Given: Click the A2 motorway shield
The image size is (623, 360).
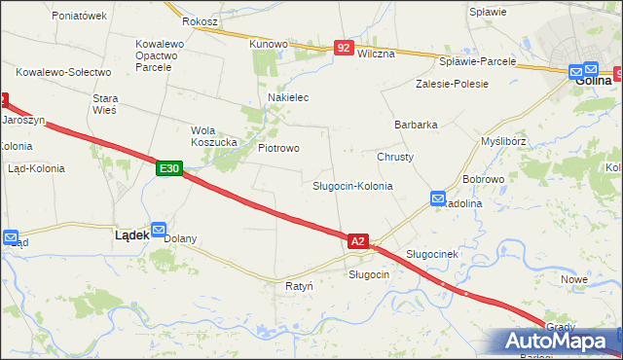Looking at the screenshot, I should tap(358, 240).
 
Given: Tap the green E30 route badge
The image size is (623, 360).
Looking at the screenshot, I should tap(168, 168).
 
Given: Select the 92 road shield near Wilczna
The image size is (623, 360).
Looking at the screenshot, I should tap(343, 47).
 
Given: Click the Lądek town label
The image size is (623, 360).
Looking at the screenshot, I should tap(131, 234).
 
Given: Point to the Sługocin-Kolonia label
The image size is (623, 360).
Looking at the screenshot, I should tap(352, 185).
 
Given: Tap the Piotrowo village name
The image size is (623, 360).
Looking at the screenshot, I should tap(278, 148).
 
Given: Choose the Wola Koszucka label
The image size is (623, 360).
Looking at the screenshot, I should tap(214, 136).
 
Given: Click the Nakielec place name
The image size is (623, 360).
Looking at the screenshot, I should tap(288, 98).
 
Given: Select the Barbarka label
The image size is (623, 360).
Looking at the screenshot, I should tap(416, 125).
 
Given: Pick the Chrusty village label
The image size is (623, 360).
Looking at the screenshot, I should tap(395, 157).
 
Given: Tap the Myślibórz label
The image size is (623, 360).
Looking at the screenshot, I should tap(504, 141).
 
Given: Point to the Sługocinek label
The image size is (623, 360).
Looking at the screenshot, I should tap(432, 254).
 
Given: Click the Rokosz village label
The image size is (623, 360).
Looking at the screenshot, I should tap(200, 20).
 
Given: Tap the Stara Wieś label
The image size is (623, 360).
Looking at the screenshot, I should tap(104, 104).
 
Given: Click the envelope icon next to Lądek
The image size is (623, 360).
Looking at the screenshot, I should tap(159, 226).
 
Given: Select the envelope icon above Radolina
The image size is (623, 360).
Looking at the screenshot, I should tap(438, 198).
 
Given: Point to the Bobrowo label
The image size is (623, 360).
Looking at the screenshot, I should tap(483, 180).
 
